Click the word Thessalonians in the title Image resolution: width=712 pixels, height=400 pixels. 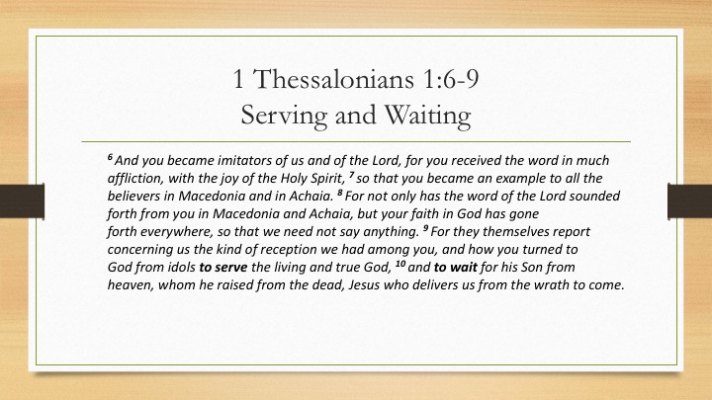[x=333, y=78]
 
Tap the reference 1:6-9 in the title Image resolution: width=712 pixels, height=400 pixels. [x=451, y=78]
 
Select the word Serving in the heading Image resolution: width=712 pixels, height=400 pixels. [x=284, y=116]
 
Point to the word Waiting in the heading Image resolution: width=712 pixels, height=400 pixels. [x=428, y=116]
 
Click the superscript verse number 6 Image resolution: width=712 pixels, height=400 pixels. [x=110, y=157]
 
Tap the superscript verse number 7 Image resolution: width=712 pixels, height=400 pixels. [x=351, y=175]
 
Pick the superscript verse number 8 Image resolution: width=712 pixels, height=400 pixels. [x=339, y=193]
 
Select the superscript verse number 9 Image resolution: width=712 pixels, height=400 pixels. [x=425, y=228]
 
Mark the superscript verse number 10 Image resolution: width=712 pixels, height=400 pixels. [x=400, y=264]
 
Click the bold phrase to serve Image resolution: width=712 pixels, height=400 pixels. [x=223, y=267]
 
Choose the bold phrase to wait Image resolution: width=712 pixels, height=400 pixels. [x=456, y=267]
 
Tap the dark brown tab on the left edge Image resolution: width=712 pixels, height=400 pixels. [x=22, y=200]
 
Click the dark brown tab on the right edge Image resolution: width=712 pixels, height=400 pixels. [x=690, y=200]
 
